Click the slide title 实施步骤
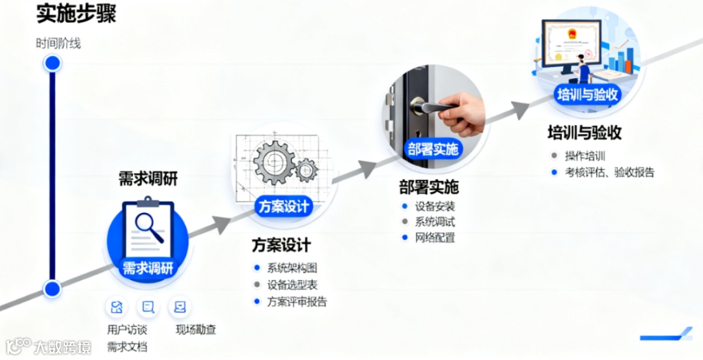point(76,14)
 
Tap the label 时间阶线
point(59,44)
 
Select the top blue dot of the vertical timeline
point(52,63)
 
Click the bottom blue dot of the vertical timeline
point(52,288)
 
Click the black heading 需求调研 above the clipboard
point(148,178)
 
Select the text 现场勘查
point(195,329)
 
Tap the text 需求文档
point(127,346)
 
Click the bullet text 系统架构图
point(292,268)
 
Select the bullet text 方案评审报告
point(297,301)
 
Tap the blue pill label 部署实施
point(433,148)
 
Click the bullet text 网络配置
point(435,238)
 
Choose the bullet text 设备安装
point(435,206)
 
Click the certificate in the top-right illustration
point(572,42)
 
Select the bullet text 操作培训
point(585,156)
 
